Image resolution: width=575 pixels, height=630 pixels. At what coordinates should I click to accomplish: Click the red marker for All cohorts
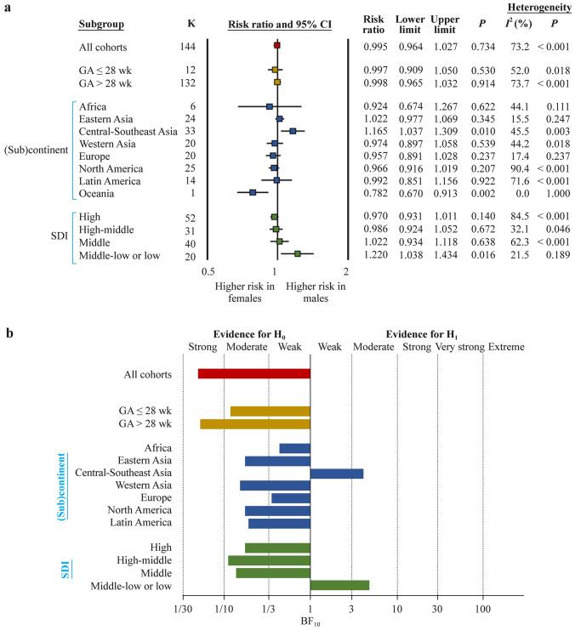(276, 44)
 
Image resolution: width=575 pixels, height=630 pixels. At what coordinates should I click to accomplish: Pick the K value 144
(190, 44)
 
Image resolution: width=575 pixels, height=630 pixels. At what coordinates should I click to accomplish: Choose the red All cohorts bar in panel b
(253, 373)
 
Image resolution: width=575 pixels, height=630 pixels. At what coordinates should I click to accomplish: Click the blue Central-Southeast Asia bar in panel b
(337, 473)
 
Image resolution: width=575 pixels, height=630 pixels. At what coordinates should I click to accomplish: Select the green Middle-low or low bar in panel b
(339, 585)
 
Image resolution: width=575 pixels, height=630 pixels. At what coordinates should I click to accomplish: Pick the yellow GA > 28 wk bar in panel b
(254, 423)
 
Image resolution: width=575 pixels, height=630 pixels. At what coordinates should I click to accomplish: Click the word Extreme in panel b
(505, 347)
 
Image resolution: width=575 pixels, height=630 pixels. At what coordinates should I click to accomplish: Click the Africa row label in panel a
(93, 106)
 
